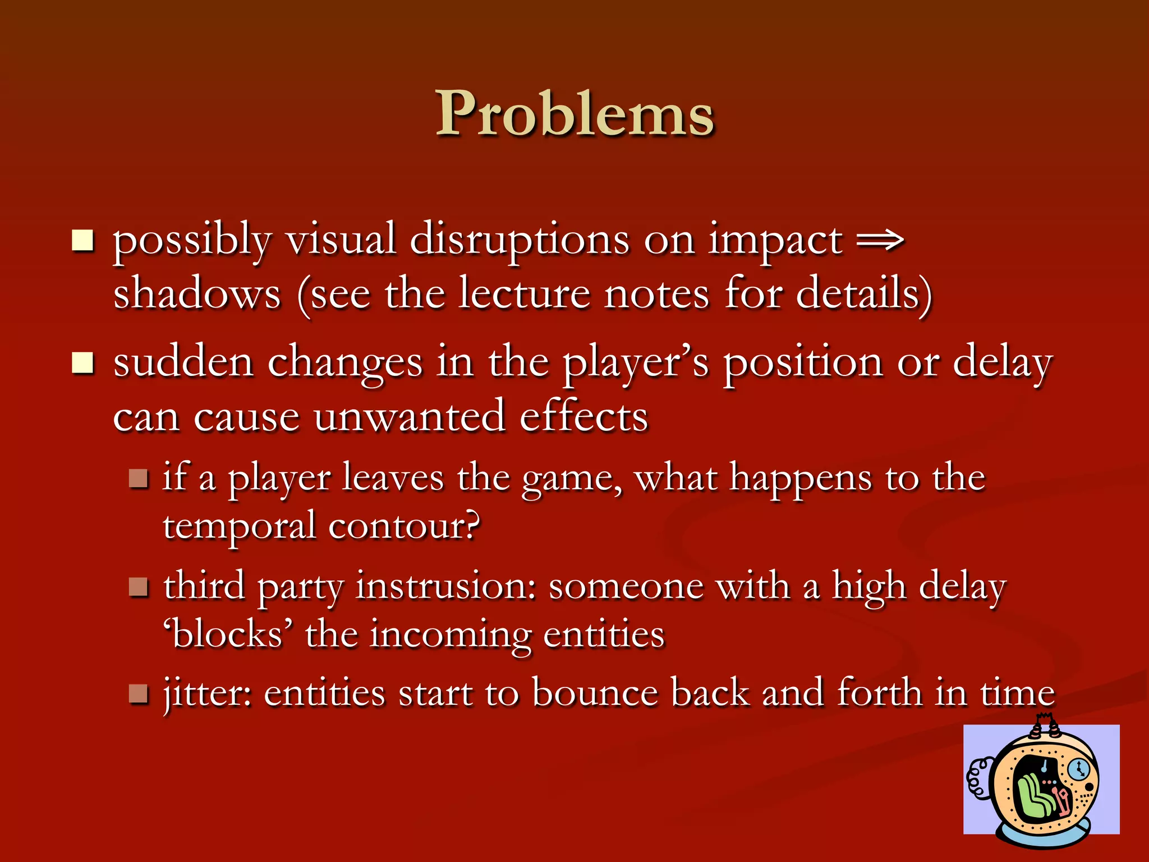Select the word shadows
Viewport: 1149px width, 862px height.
click(196, 294)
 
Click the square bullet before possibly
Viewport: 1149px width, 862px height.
click(82, 241)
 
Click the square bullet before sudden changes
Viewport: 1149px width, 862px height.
click(82, 363)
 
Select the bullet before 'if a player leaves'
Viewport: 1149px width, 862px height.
click(138, 479)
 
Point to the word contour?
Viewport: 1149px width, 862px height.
click(403, 526)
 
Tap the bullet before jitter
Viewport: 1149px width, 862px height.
click(138, 694)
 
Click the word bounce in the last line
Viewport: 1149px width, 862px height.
click(594, 693)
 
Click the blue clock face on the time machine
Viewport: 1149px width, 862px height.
click(1078, 769)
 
